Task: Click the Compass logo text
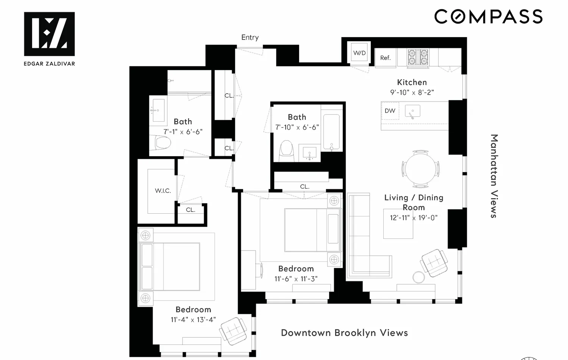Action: coord(488,17)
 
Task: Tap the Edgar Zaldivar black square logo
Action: coord(49,34)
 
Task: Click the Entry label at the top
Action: coord(250,38)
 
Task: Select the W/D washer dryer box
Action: coord(359,53)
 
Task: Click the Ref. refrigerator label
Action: coord(385,58)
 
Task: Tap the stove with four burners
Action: coord(418,57)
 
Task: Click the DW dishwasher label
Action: coord(390,111)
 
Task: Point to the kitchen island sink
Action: coord(412,111)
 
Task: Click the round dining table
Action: coord(421,169)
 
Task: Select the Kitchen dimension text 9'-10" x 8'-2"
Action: coord(412,92)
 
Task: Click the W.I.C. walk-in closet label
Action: coord(163,191)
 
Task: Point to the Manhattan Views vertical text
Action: coord(493,176)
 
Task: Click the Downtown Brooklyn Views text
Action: coord(344,333)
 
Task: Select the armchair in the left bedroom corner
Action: coord(234,331)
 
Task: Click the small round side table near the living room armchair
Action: coord(418,277)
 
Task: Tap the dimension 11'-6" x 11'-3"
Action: coord(296,279)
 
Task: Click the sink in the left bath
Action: coord(158,110)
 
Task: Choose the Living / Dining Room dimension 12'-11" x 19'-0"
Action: coord(414,218)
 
